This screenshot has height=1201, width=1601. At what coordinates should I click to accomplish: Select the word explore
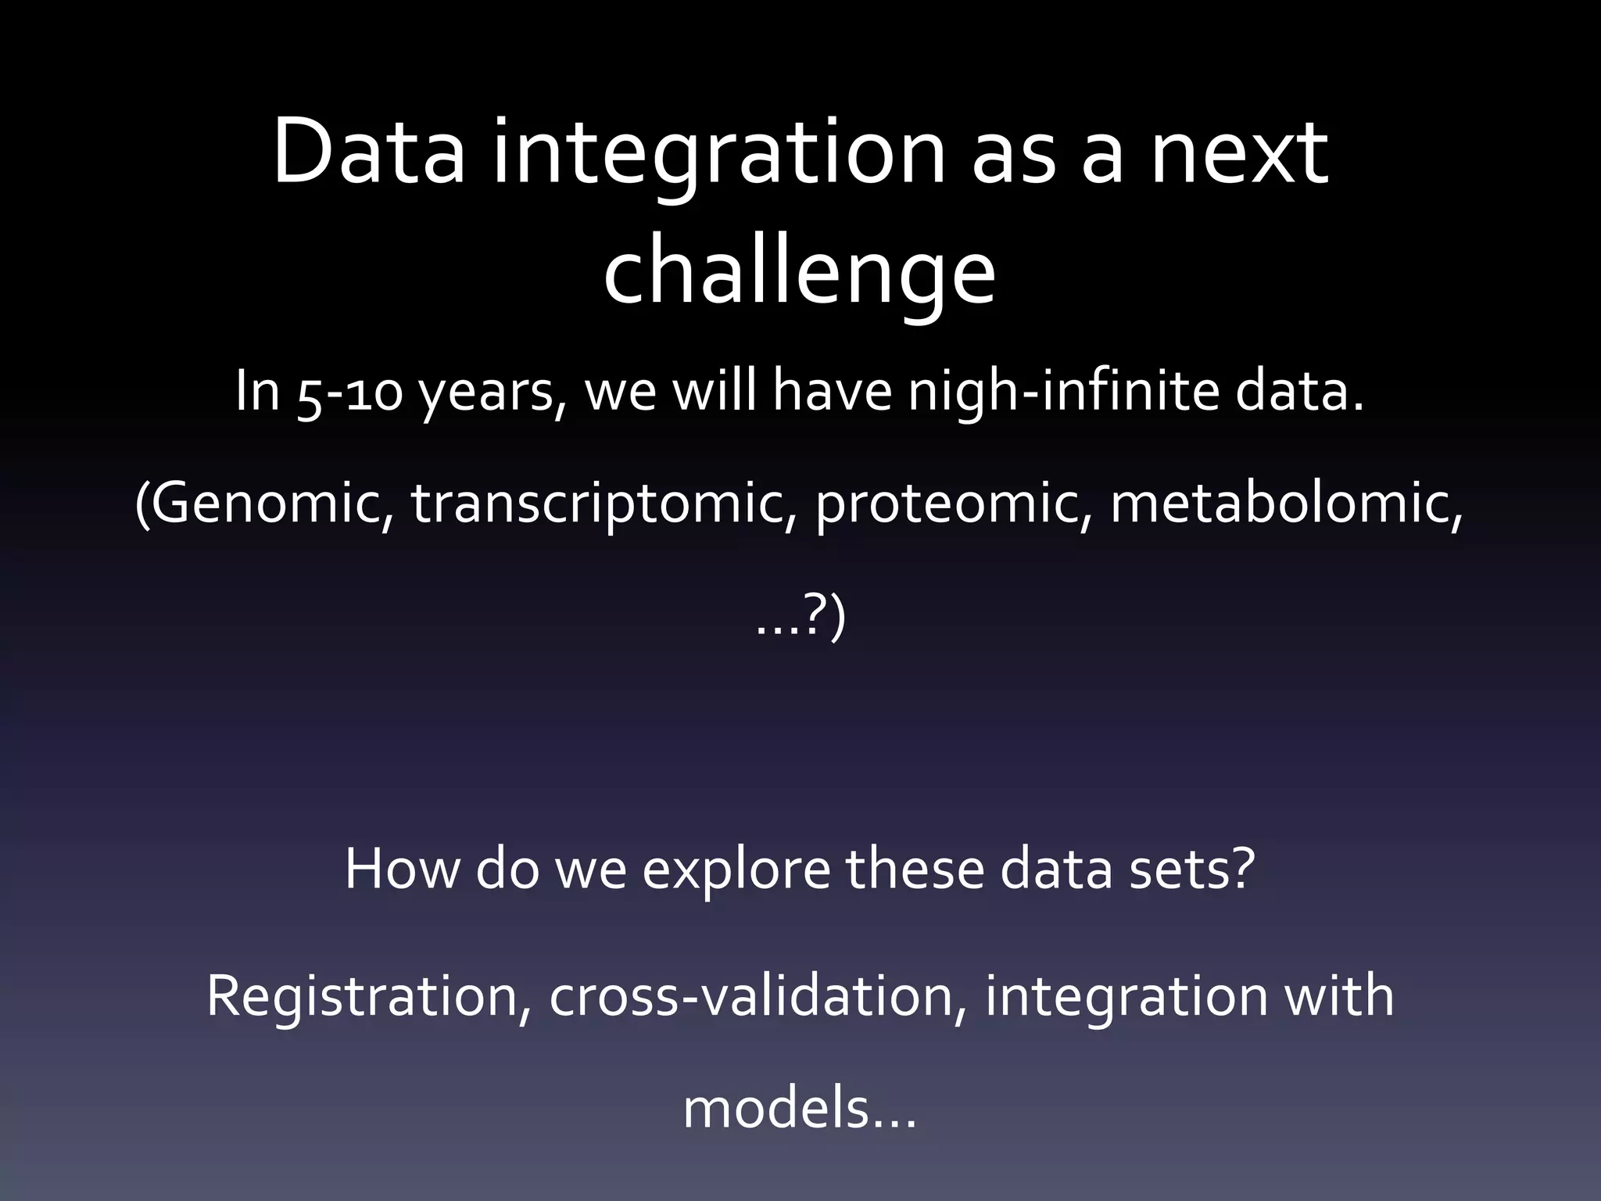(x=736, y=869)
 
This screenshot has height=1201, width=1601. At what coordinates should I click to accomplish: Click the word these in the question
(x=915, y=869)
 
